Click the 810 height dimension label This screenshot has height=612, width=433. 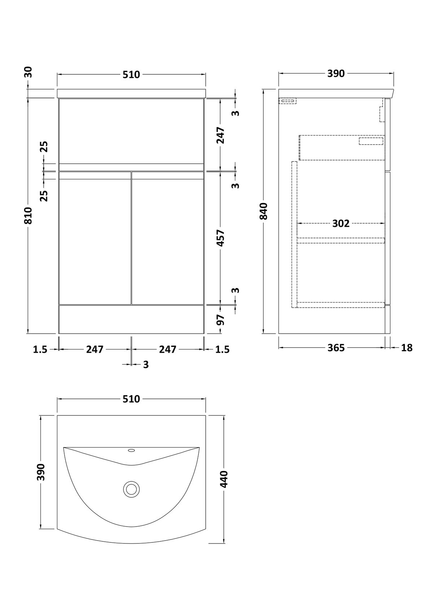[29, 216]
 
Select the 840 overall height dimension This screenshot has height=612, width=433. [263, 211]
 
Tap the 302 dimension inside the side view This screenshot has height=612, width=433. [341, 224]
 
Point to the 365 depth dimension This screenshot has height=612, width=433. [336, 348]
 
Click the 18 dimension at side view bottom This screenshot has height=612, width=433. [407, 348]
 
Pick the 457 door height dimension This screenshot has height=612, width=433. [220, 238]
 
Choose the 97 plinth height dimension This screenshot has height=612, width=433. [220, 320]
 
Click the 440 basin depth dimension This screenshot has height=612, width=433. [224, 479]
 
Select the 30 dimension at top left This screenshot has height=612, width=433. [29, 72]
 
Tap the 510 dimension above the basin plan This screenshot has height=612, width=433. [131, 399]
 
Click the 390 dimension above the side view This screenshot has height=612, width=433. [336, 74]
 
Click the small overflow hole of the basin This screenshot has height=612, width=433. [131, 450]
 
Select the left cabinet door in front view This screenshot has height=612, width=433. [95, 238]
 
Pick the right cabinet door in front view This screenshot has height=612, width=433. [168, 238]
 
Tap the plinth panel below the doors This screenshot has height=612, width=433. [131, 320]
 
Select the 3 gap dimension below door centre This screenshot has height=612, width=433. [146, 365]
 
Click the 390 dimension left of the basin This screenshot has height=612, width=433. [41, 472]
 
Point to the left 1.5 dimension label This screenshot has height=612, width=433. [40, 349]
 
